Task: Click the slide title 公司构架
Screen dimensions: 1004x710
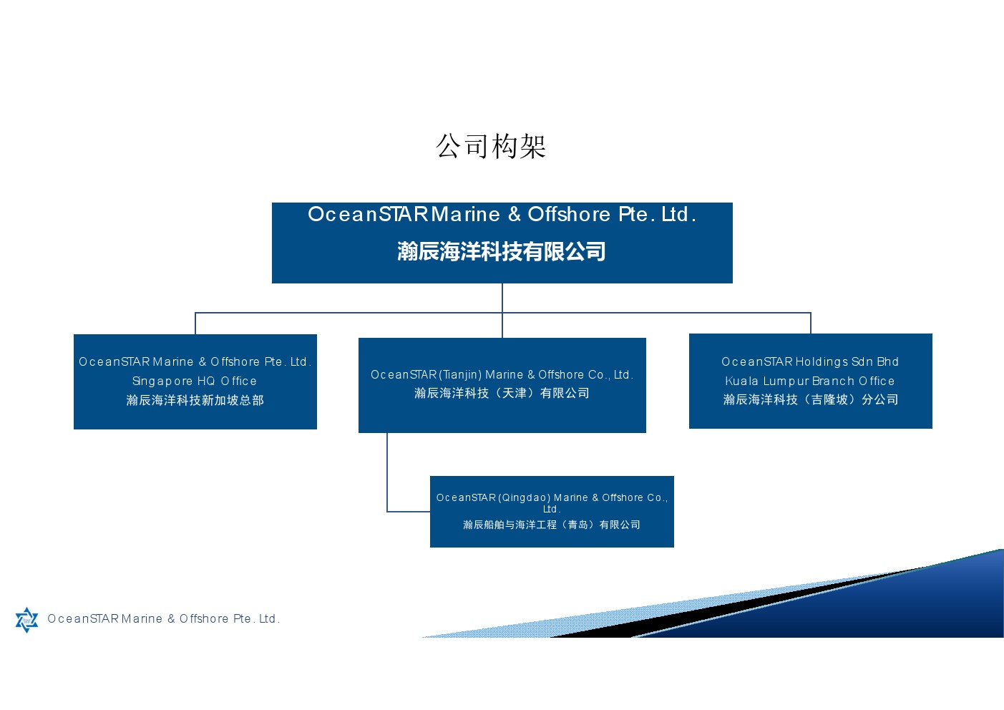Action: point(491,146)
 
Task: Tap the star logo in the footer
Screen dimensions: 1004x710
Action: point(27,620)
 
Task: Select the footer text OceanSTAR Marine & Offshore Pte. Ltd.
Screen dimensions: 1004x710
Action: point(164,619)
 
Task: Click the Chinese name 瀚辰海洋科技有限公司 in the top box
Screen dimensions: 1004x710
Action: point(502,251)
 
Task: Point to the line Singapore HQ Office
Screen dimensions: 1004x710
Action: point(195,381)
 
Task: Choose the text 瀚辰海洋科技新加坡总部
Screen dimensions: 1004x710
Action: point(195,400)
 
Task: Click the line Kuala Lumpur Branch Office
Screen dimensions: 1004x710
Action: point(810,381)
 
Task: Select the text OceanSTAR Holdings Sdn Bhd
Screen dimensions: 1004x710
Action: point(810,361)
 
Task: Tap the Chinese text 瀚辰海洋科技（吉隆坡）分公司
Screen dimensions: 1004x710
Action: point(810,399)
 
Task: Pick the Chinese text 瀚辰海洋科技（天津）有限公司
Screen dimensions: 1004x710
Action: point(502,393)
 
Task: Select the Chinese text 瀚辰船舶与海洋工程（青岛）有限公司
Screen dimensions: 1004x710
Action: point(552,525)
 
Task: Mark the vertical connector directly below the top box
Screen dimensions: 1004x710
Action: point(502,310)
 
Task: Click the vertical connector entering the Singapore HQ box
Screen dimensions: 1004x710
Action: point(195,324)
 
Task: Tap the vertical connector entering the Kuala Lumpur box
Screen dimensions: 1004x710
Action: point(811,323)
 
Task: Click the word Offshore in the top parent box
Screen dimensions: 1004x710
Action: point(569,214)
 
